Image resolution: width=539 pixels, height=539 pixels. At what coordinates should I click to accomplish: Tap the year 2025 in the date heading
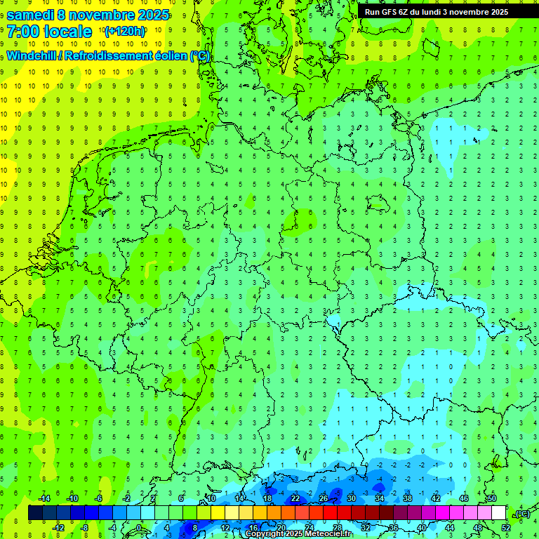pos(150,15)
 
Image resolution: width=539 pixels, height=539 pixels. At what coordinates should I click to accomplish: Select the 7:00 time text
pos(22,32)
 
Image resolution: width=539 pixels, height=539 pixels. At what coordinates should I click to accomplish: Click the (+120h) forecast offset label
pos(125,32)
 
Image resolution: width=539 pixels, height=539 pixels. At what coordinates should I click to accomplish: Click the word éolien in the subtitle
pos(166,56)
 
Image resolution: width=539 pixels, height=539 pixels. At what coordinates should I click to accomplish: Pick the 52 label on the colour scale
pos(506,527)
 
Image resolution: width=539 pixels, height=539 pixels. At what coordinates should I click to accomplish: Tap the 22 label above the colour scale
pos(295,498)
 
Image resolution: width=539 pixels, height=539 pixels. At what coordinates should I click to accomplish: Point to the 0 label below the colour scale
pos(138,527)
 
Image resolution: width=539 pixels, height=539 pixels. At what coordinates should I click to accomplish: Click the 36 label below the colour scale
pos(393,527)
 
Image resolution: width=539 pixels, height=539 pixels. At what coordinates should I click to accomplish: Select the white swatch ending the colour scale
pos(498,513)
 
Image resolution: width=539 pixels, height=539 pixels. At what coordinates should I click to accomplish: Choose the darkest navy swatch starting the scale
pos(35,513)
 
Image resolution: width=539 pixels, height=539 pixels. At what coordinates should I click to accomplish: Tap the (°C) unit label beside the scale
pos(522,514)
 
